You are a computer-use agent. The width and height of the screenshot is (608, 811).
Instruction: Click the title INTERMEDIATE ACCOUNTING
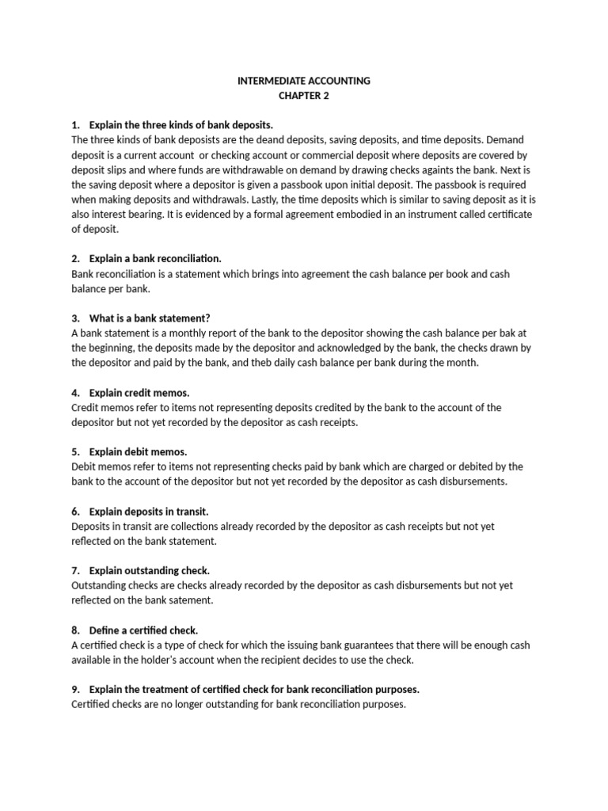304,81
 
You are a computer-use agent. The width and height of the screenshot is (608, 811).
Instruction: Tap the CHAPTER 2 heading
304,96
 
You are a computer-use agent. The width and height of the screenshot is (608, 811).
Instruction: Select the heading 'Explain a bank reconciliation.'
155,259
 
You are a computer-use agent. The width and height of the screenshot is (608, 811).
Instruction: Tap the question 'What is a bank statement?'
150,318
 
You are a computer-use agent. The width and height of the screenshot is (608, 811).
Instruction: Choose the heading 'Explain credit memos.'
139,393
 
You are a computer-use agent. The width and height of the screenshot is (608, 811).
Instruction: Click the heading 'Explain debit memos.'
138,452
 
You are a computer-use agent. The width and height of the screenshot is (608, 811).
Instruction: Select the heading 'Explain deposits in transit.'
149,512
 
